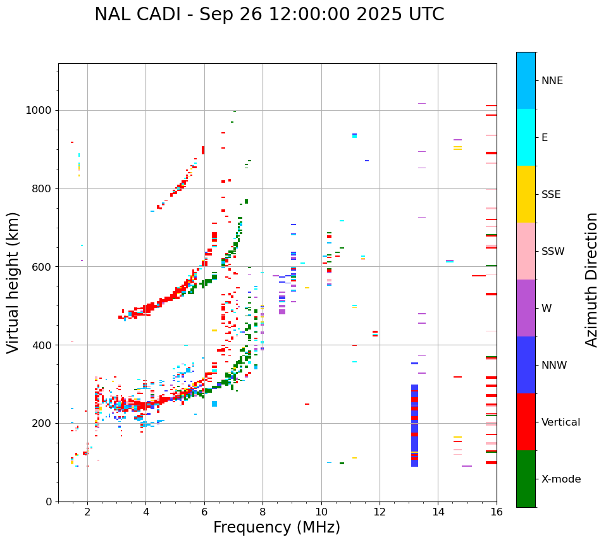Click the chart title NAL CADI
(x=269, y=15)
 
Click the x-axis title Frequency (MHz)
(x=276, y=527)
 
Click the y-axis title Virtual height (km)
(x=13, y=282)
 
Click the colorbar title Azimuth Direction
(x=591, y=280)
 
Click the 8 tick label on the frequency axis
(x=263, y=512)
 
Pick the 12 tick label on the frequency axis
(x=380, y=512)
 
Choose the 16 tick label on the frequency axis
(x=496, y=512)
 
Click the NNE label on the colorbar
(x=552, y=81)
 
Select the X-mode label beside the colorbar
(x=560, y=479)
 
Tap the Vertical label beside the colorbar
(x=560, y=422)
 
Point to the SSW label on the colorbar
(x=553, y=252)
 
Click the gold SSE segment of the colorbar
(x=526, y=194)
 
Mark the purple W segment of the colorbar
(x=526, y=308)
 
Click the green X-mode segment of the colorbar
(x=526, y=479)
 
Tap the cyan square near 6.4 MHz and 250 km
(x=214, y=403)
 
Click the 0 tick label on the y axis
(x=50, y=502)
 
